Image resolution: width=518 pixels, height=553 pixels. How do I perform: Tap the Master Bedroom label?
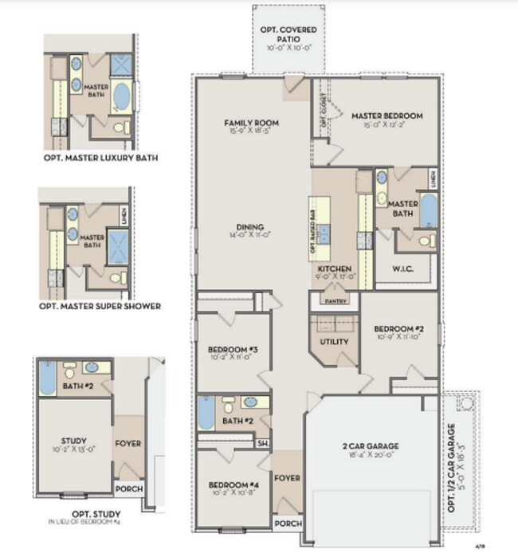pyautogui.click(x=387, y=116)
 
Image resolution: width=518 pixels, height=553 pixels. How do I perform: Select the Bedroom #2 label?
pyautogui.click(x=396, y=329)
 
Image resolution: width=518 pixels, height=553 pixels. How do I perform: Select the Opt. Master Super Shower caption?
pyautogui.click(x=100, y=305)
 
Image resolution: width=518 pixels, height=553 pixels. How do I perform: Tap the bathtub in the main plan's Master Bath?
pyautogui.click(x=428, y=211)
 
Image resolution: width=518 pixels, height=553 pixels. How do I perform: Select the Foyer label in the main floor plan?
pyautogui.click(x=286, y=478)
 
